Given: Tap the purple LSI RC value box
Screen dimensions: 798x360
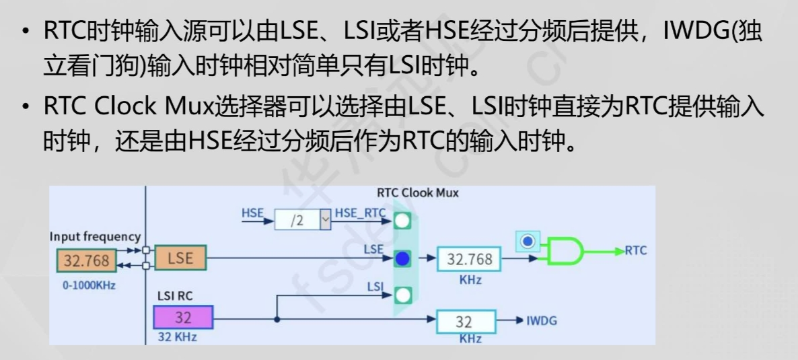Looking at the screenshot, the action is pos(183,317).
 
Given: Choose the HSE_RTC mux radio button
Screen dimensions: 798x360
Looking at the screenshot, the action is pos(402,220).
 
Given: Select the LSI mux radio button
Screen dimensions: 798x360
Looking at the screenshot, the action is pos(402,295).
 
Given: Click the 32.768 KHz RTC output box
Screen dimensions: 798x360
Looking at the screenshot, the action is pos(470,259).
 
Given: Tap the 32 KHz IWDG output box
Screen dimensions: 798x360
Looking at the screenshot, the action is pos(466,321).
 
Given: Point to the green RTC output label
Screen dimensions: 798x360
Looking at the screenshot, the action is pos(636,250).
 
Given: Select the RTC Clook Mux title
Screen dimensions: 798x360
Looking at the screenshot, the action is pos(418,193).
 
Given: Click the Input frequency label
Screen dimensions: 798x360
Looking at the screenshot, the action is pos(95,237).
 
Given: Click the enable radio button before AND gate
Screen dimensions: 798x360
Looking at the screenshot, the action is pos(529,240).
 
